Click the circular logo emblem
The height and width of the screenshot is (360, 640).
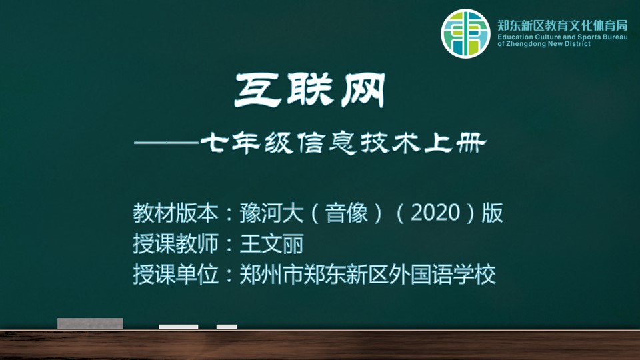pyautogui.click(x=465, y=33)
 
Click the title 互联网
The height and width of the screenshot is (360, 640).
pyautogui.click(x=310, y=90)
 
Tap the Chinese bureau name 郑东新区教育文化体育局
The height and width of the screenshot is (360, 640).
pyautogui.click(x=563, y=26)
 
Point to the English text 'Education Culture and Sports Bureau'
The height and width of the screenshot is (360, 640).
pyautogui.click(x=563, y=37)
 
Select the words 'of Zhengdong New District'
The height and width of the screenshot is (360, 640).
pyautogui.click(x=544, y=44)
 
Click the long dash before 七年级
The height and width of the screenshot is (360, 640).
pyautogui.click(x=167, y=143)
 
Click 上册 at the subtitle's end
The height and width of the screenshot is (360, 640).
pyautogui.click(x=455, y=143)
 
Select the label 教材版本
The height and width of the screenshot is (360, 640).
pyautogui.click(x=175, y=213)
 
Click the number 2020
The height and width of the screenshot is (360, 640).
pyautogui.click(x=435, y=213)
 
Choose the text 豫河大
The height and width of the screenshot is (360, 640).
pyautogui.click(x=271, y=213)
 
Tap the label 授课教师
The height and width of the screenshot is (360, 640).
pyautogui.click(x=175, y=244)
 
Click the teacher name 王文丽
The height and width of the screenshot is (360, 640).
pyautogui.click(x=271, y=244)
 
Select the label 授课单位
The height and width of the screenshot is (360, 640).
pyautogui.click(x=175, y=274)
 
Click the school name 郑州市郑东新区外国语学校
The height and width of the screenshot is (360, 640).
pyautogui.click(x=368, y=274)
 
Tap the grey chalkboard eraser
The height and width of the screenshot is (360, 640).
pyautogui.click(x=90, y=323)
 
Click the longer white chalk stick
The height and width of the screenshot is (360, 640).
pyautogui.click(x=179, y=327)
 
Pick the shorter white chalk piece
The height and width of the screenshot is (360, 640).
pyautogui.click(x=227, y=327)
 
